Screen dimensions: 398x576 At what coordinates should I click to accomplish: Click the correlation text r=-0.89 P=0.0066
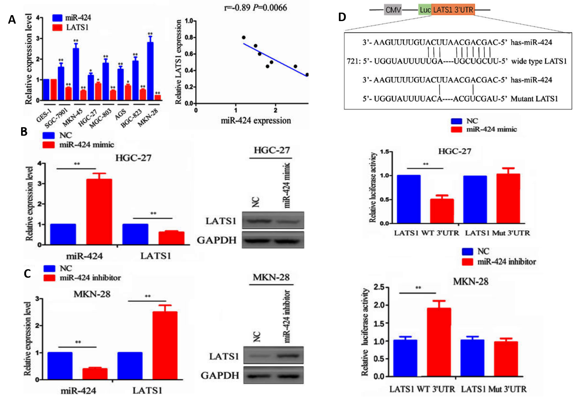coord(255,8)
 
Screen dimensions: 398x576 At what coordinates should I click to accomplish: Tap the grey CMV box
coord(393,10)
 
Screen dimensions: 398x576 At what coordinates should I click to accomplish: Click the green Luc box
coord(425,10)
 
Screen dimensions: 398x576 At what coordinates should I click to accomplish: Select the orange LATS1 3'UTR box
coord(453,10)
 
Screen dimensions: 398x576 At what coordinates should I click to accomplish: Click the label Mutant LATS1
coord(534,99)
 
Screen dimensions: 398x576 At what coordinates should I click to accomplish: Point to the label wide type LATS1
coord(539,61)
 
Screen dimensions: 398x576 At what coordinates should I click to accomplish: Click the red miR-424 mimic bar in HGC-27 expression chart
coord(99,211)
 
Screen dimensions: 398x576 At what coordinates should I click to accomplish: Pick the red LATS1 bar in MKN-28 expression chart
coord(165,345)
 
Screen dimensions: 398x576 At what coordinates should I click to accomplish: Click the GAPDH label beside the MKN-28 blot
coord(220,375)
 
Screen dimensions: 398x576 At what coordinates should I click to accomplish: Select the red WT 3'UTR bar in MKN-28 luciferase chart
coord(439,342)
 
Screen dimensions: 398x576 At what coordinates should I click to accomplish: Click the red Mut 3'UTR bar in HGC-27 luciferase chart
coord(508,198)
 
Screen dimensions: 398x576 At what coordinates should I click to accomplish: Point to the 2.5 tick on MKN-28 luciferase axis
coord(379,287)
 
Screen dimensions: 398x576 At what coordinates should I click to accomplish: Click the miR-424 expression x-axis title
coord(256,121)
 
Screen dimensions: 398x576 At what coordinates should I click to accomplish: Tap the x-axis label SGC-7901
coord(56,118)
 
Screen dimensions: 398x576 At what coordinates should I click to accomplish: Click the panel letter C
coord(27,274)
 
